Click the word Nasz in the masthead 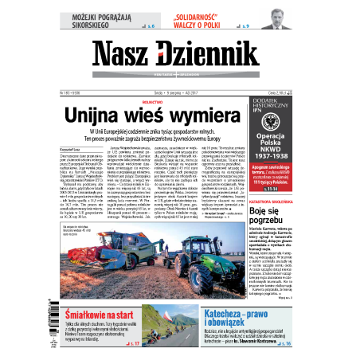(x=128, y=53)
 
